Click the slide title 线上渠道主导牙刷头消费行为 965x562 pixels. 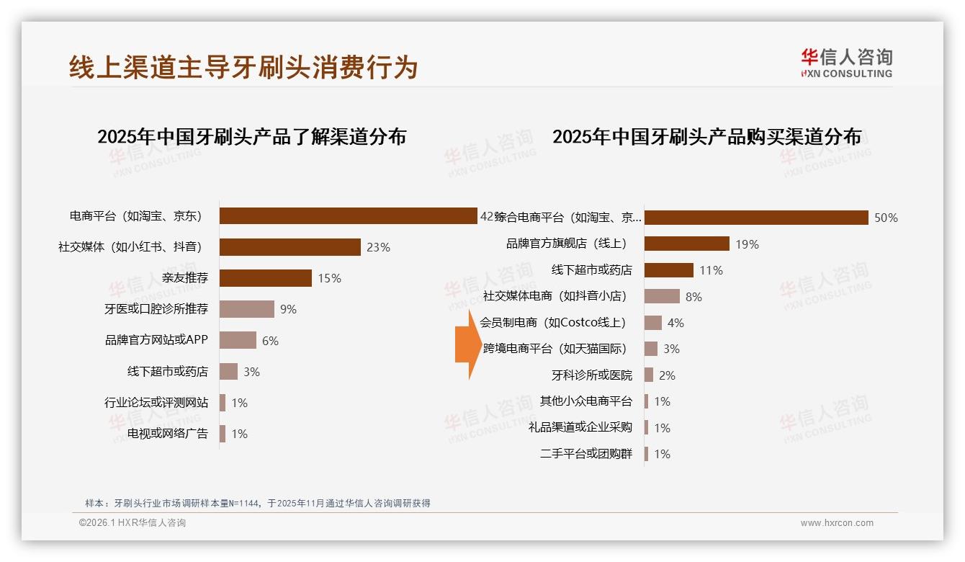(x=243, y=67)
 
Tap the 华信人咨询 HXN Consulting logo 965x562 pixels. (x=846, y=63)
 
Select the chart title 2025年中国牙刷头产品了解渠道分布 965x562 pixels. (x=252, y=136)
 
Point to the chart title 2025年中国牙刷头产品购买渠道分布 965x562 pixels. (x=706, y=136)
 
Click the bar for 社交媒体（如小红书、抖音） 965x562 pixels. (x=289, y=247)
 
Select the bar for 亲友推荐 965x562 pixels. (x=265, y=278)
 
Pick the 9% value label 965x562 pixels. (x=288, y=309)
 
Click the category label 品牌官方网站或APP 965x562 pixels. (x=156, y=340)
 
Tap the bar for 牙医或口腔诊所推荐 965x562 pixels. (x=246, y=309)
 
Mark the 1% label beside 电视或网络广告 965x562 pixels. (x=239, y=434)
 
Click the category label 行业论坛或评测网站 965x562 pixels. (x=156, y=403)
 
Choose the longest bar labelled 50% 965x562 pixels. (x=756, y=218)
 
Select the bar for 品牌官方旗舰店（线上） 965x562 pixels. (x=686, y=244)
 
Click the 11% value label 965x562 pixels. (x=711, y=270)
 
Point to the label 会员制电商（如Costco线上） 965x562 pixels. (x=553, y=322)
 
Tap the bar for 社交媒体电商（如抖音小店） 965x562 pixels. (x=662, y=296)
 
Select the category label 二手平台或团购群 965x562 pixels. (x=586, y=454)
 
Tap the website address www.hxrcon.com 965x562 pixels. (x=837, y=523)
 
